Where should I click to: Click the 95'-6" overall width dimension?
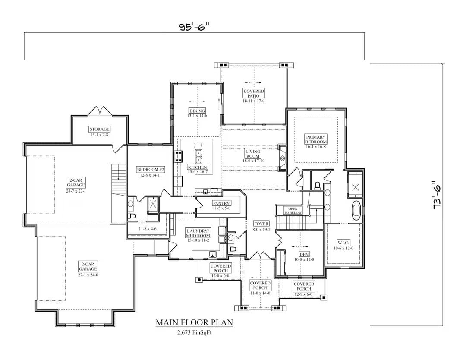click(x=194, y=27)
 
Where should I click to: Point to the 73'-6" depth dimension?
click(x=437, y=195)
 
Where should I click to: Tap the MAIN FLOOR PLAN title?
click(x=194, y=322)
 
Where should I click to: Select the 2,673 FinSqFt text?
click(x=194, y=332)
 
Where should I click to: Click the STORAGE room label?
click(x=99, y=129)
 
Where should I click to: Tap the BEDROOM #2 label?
click(x=148, y=169)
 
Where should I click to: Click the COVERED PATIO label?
click(x=254, y=94)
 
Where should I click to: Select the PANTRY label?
click(x=221, y=203)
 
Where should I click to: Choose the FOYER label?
click(x=261, y=224)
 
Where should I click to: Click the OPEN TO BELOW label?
click(x=293, y=211)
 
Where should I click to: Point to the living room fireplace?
click(x=283, y=158)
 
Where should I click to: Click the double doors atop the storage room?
click(x=100, y=111)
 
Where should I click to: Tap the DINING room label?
click(x=197, y=111)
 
